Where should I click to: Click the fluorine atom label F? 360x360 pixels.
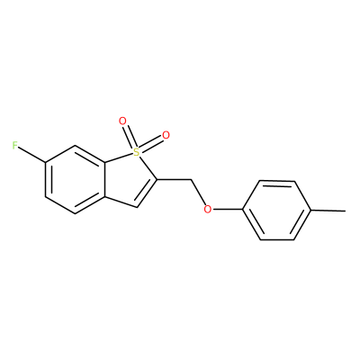[x=15, y=146]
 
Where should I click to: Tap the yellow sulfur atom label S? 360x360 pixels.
[x=137, y=152]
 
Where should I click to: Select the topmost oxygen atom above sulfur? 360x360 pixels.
[x=122, y=121]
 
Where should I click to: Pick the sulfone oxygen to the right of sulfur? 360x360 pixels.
[x=166, y=135]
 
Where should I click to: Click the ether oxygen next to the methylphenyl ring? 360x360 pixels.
[x=207, y=209]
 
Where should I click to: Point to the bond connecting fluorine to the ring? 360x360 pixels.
[x=32, y=156]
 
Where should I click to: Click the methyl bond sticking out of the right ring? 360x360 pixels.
[x=328, y=211]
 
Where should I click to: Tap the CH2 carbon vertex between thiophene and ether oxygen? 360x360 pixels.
[x=191, y=180]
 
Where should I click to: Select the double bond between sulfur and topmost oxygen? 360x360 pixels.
[x=129, y=137]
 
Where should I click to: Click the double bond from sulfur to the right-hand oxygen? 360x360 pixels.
[x=151, y=144]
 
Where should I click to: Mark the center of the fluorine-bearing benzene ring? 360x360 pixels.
[x=75, y=180]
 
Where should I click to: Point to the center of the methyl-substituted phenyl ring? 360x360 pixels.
[x=277, y=210]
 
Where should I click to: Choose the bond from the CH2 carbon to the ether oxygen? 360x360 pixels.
[x=198, y=193]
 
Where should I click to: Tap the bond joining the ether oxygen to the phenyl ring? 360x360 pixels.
[x=227, y=210]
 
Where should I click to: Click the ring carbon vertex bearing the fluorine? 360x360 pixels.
[x=45, y=163]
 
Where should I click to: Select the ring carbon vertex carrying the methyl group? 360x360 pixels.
[x=311, y=211]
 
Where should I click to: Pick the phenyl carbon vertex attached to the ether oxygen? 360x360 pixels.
[x=242, y=210]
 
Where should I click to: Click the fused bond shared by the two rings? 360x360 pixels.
[x=105, y=180]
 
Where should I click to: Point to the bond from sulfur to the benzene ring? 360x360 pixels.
[x=119, y=158]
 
